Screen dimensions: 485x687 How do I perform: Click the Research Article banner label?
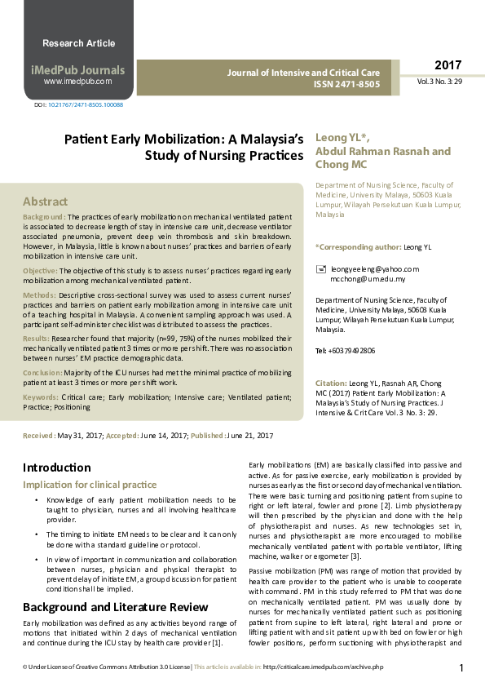click(78, 42)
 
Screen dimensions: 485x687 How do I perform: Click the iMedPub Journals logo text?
click(78, 69)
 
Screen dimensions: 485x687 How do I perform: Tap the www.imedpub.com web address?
click(78, 82)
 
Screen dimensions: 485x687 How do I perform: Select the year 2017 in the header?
click(448, 65)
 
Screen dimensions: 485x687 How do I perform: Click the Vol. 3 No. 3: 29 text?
click(440, 82)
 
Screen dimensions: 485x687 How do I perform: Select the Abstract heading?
click(46, 201)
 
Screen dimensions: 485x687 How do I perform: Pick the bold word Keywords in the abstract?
click(41, 396)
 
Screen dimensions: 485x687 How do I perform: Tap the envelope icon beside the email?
click(321, 268)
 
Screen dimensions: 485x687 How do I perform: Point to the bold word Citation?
click(330, 383)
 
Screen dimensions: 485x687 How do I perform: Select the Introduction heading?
click(57, 468)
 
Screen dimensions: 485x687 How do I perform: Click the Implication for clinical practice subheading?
click(90, 485)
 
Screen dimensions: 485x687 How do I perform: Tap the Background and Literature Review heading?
click(116, 607)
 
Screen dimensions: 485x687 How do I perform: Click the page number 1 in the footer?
click(461, 668)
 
